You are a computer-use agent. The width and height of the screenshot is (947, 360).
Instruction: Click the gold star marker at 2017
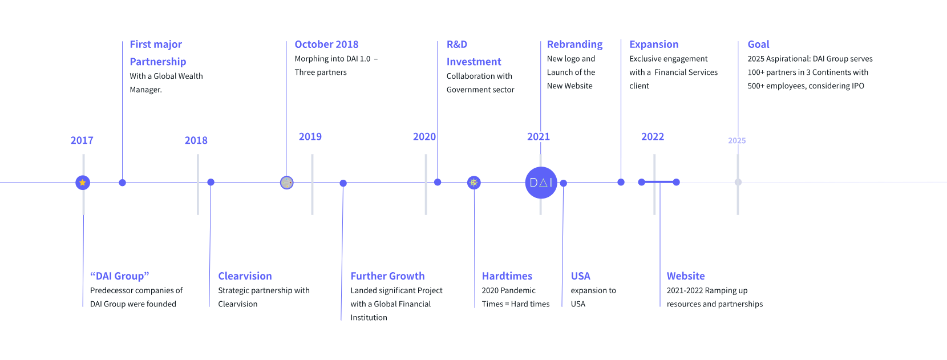pyautogui.click(x=83, y=183)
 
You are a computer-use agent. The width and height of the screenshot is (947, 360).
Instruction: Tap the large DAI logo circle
pyautogui.click(x=541, y=183)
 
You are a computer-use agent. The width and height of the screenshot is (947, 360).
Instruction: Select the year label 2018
pyautogui.click(x=196, y=140)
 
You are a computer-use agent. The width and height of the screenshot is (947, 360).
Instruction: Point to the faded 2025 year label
pyautogui.click(x=737, y=140)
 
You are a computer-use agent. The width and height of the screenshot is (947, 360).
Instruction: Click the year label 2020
pyautogui.click(x=424, y=136)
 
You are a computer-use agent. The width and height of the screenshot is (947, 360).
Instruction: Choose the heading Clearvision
pyautogui.click(x=245, y=276)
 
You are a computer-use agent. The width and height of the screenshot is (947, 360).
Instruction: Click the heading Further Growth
pyautogui.click(x=388, y=276)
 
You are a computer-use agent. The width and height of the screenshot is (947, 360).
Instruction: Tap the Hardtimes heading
pyautogui.click(x=507, y=276)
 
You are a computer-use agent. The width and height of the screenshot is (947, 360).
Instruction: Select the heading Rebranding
pyautogui.click(x=574, y=45)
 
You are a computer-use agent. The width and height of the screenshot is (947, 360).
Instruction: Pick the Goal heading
pyautogui.click(x=758, y=45)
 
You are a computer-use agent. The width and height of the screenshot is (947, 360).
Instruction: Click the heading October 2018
pyautogui.click(x=326, y=45)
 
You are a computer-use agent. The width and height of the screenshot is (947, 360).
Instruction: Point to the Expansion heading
pyautogui.click(x=654, y=45)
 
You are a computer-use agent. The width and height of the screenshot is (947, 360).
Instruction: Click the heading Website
pyautogui.click(x=686, y=276)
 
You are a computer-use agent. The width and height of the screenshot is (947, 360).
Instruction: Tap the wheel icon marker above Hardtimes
pyautogui.click(x=474, y=183)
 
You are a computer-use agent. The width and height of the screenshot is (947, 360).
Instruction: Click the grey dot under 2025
pyautogui.click(x=738, y=182)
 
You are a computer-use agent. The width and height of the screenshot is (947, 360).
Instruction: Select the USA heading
pyautogui.click(x=580, y=276)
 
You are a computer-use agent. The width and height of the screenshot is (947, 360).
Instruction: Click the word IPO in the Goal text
pyautogui.click(x=858, y=86)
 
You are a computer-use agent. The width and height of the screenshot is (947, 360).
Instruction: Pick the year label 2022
pyautogui.click(x=653, y=136)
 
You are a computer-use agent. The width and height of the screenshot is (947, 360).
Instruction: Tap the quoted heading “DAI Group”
pyautogui.click(x=120, y=276)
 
